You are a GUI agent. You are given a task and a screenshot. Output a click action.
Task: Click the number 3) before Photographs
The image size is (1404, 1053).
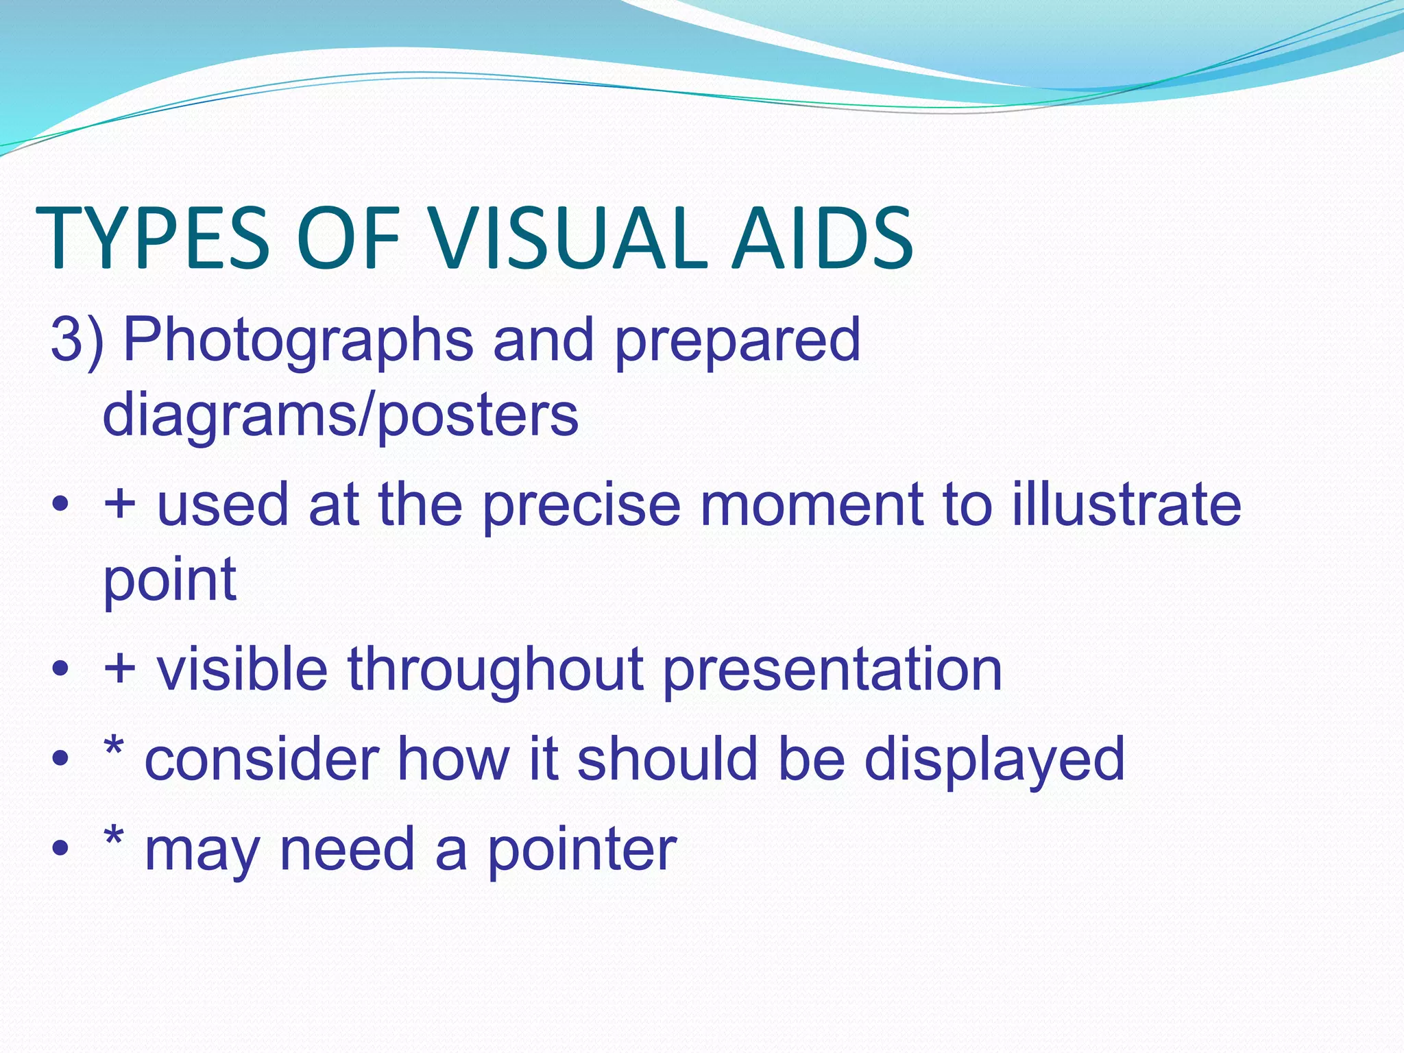[x=77, y=340]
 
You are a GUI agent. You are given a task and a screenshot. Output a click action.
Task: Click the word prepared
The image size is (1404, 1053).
[x=737, y=341]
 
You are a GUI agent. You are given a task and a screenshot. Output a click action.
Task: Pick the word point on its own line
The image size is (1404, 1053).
[x=169, y=581]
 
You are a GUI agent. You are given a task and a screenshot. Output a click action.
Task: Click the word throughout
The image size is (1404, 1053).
[x=494, y=670]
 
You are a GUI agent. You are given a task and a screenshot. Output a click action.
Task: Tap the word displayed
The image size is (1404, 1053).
[x=994, y=760]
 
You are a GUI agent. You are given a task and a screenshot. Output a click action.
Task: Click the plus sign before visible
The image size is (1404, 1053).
[x=119, y=669]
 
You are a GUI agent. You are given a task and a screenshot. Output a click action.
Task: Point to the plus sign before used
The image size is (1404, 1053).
[x=119, y=503]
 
